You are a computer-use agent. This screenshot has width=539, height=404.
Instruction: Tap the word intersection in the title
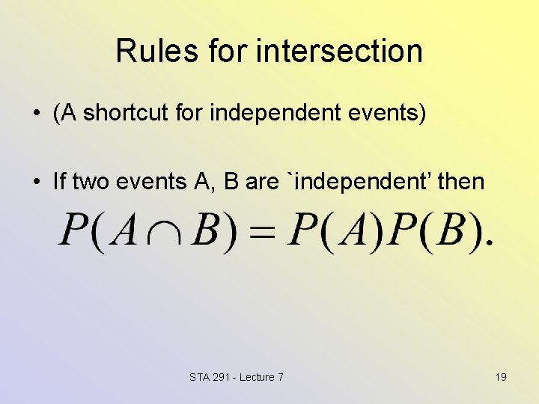(x=339, y=51)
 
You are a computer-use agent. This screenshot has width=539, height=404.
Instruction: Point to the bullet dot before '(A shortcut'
(x=36, y=114)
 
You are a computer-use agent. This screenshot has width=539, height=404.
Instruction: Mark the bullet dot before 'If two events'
(x=36, y=182)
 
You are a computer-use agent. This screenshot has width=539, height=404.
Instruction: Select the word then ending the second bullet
(x=461, y=181)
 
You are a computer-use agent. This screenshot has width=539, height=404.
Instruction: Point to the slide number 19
(x=501, y=377)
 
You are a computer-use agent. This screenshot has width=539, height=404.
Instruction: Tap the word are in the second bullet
(x=261, y=181)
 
